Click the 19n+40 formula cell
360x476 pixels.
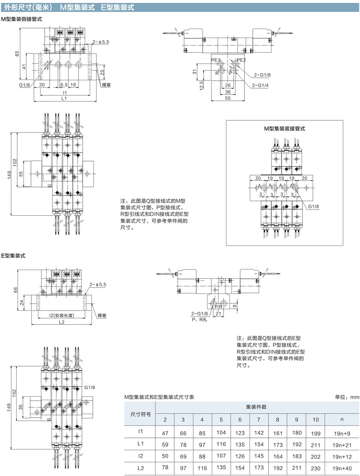342,468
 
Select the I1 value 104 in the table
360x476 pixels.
221,432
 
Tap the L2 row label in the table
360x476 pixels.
140,468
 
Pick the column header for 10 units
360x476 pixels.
315,420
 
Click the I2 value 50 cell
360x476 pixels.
165,456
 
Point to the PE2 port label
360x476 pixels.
241,60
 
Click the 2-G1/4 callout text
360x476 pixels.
260,85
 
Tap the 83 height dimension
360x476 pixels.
17,54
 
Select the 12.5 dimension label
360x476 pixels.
202,86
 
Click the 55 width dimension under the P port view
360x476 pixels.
228,98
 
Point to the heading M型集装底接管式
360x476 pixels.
284,129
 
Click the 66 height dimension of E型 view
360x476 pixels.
15,290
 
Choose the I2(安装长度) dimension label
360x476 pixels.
62,315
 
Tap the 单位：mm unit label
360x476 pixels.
347,397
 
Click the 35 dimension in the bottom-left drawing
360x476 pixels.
21,407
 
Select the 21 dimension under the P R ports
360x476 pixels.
218,313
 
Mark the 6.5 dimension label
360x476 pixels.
64,85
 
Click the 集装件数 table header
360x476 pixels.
256,407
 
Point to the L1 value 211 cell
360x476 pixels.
315,445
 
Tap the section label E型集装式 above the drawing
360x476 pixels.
13,256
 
